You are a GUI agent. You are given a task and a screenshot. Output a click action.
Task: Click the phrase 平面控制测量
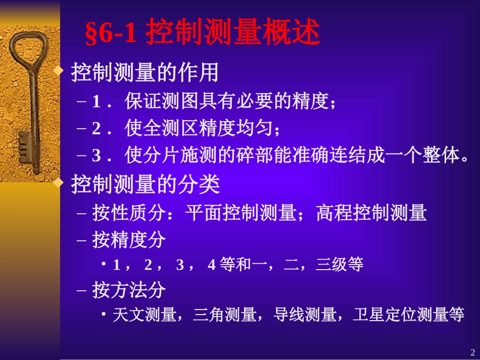coord(240,213)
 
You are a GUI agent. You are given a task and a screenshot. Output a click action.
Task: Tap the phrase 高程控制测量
coord(371,213)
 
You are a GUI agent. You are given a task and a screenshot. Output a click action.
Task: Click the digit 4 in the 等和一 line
coord(211,265)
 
